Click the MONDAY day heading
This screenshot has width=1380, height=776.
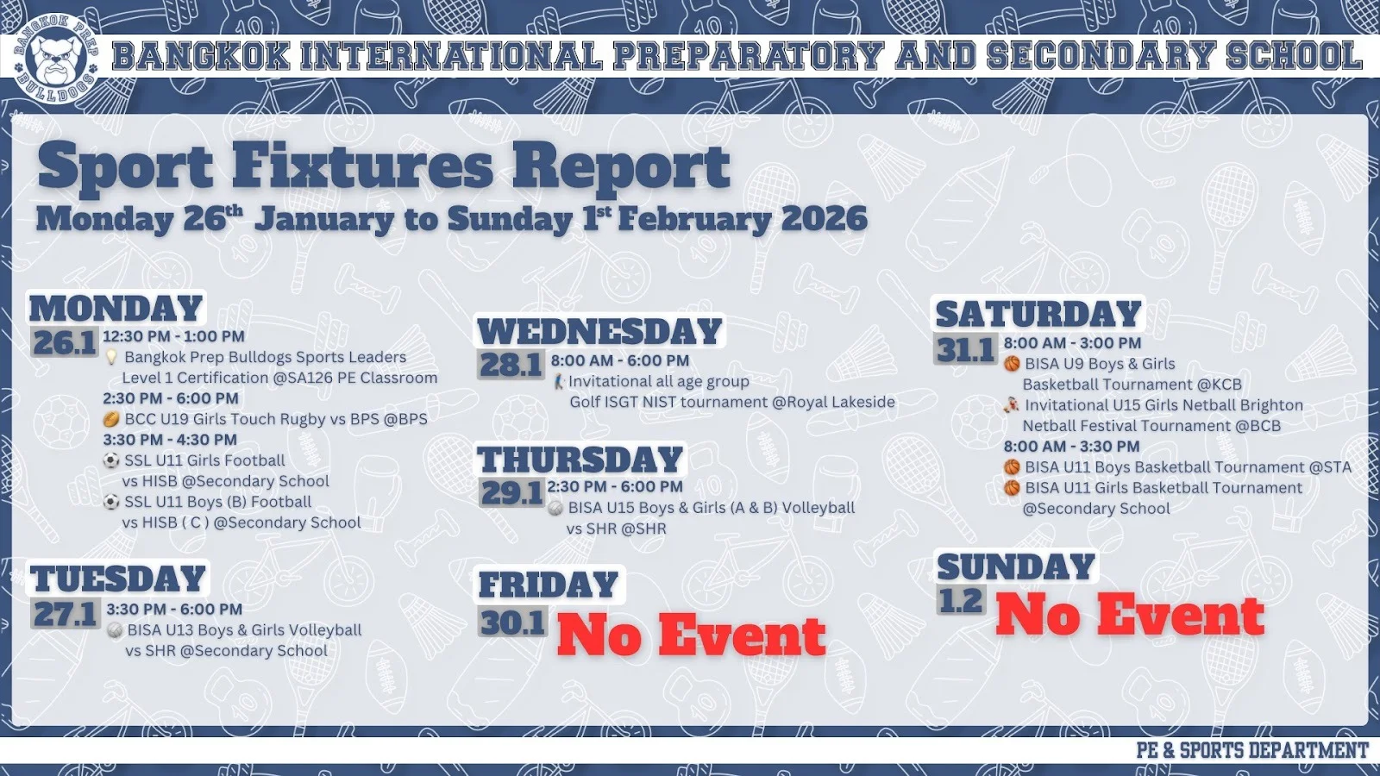pos(116,309)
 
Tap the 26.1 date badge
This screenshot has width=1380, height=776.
pos(65,343)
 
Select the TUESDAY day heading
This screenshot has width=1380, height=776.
pos(117,579)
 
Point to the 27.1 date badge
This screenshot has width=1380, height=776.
pos(66,613)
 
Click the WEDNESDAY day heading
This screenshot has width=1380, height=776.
pos(599,331)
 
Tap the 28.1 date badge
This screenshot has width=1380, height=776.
pos(511,366)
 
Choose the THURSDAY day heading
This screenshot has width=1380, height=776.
pos(581,460)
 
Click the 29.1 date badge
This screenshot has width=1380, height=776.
pos(512,492)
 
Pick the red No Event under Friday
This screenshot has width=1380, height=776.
pos(691,635)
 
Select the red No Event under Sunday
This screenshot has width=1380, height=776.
pos(1130,614)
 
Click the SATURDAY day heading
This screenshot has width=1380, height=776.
pos(1038,314)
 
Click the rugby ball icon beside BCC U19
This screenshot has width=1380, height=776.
pos(111,419)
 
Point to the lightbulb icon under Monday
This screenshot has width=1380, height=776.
pos(111,357)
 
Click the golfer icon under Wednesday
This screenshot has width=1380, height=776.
pos(558,382)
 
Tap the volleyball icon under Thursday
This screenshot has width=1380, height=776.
pos(555,509)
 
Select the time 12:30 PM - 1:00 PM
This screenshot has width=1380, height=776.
pos(173,336)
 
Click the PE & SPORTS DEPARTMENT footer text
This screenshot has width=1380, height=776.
pos(1251,750)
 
